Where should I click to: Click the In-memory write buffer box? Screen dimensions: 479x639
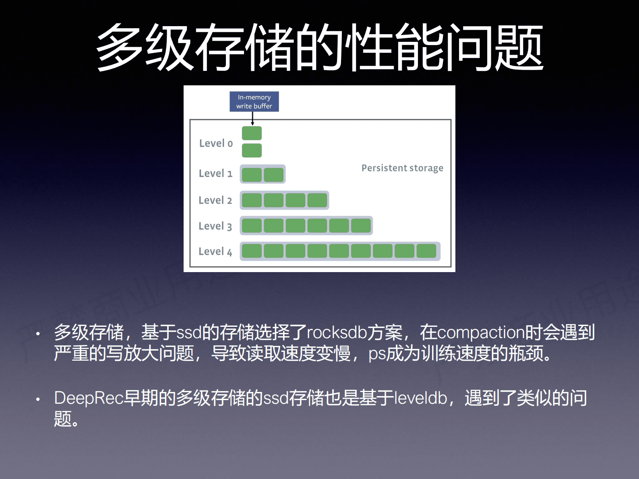coord(254,101)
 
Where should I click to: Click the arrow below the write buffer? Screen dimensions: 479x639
coord(252,118)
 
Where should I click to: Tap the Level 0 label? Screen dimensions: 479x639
coord(216,143)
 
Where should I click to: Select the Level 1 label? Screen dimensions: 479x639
coord(215,173)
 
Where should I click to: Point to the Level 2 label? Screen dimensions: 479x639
coord(215,200)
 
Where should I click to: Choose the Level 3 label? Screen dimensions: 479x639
coord(215,226)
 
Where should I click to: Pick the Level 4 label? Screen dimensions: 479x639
coord(215,252)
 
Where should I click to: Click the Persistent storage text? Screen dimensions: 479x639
coord(402,168)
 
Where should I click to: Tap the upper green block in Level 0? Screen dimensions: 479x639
coord(252,133)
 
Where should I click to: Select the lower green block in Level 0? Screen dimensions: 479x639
coord(252,151)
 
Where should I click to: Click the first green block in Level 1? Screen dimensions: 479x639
coord(252,175)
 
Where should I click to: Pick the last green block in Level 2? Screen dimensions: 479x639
coord(317,200)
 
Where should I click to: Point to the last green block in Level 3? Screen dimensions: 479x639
coord(360,226)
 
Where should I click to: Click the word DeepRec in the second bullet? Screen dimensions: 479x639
coord(89,398)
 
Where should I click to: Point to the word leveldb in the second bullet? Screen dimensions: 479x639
coord(420,398)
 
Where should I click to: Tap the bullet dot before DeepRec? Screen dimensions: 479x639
coord(38,399)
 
